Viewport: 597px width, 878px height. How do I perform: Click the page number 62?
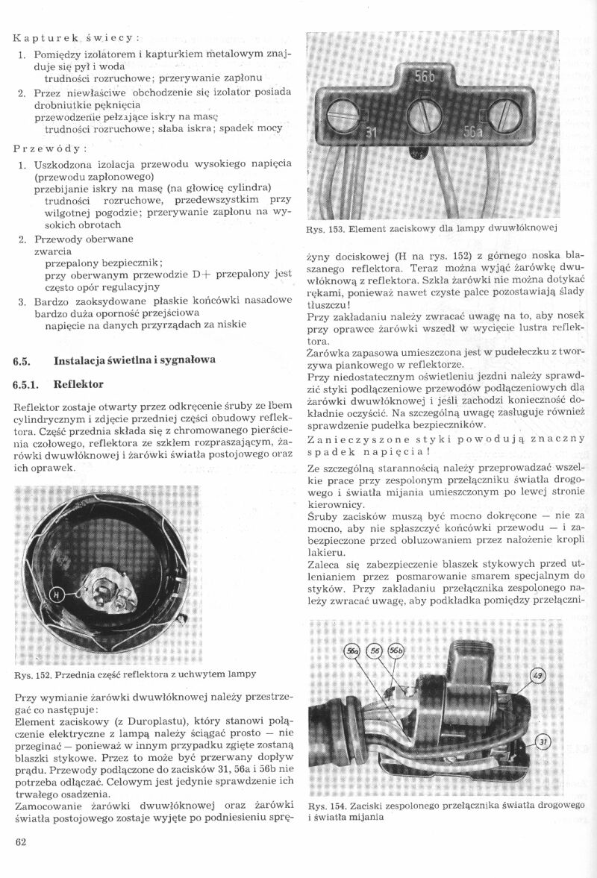pos(20,843)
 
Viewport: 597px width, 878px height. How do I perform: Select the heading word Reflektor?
pos(79,385)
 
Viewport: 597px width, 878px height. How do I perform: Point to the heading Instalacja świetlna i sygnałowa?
pos(135,360)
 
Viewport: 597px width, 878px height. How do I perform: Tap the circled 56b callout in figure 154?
pos(396,651)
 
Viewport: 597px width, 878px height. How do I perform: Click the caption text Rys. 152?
pos(34,674)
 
